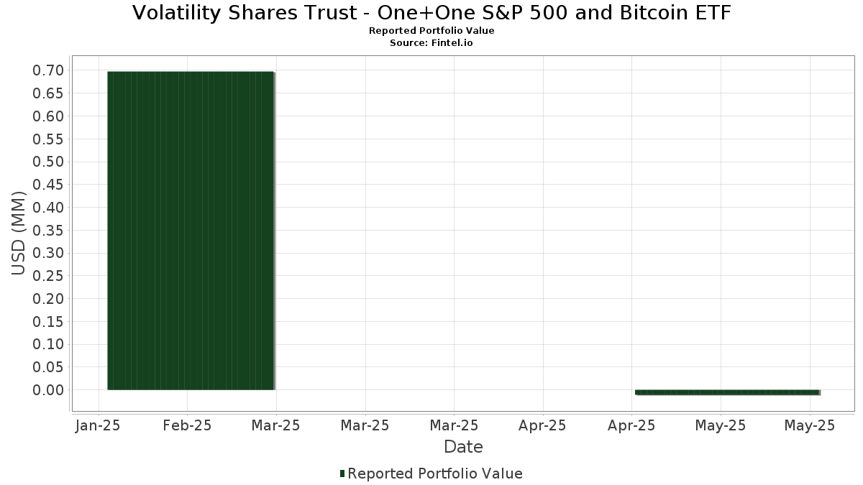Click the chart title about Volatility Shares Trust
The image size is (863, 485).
431,13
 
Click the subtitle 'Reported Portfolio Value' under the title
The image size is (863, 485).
431,31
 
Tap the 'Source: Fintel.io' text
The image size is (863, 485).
431,42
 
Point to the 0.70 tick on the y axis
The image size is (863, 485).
48,70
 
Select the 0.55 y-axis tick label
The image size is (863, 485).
48,139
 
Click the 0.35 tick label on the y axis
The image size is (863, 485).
48,230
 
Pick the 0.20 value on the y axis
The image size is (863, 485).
48,299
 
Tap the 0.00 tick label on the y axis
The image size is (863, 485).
48,390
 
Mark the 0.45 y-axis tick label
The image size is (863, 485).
48,185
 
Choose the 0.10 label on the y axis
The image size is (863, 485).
48,344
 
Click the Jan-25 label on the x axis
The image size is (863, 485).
97,425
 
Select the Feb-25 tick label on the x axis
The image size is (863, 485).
186,425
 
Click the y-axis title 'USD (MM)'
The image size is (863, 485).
19,233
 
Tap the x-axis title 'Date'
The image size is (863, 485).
463,447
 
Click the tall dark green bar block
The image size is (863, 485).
191,230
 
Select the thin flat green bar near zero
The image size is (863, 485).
726,392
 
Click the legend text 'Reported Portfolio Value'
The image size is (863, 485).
435,474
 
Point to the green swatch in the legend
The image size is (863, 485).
342,474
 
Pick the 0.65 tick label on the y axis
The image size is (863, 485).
48,93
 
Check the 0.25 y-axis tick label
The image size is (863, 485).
48,276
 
